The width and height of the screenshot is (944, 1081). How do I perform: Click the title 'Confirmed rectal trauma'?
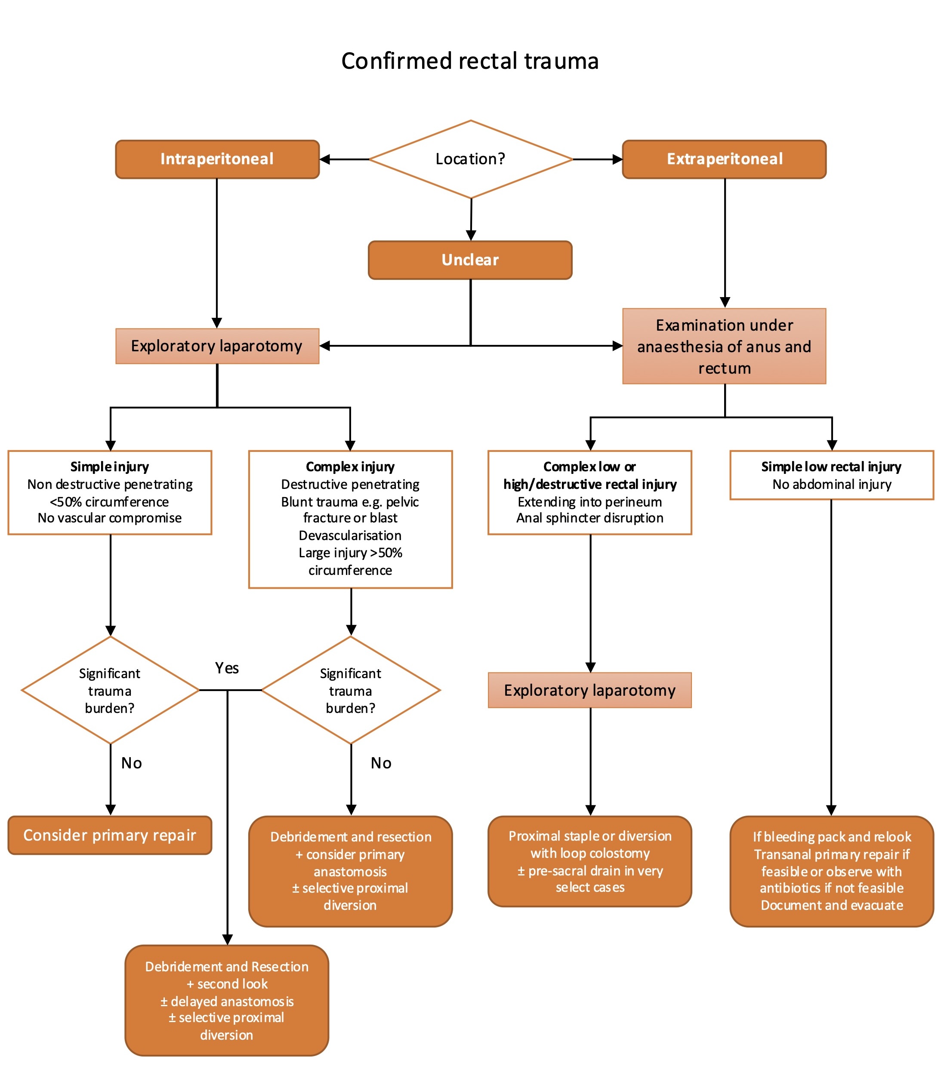tap(470, 61)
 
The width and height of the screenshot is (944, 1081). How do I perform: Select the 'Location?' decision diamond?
tap(470, 159)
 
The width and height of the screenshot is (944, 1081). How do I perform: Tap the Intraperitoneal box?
tap(217, 159)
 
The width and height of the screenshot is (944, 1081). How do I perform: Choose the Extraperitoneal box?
tap(724, 159)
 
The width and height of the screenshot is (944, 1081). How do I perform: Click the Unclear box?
tap(470, 260)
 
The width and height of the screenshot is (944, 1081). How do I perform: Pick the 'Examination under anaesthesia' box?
tap(724, 347)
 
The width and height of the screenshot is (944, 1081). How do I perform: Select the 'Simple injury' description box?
tap(110, 492)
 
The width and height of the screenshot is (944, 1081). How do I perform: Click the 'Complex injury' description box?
tap(350, 519)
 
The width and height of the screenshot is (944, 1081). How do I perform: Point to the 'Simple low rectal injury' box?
tap(831, 475)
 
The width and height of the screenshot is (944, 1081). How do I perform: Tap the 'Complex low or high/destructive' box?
tap(589, 492)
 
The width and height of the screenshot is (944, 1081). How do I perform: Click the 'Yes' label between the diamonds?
tap(227, 668)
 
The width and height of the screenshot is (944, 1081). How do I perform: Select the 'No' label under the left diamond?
tap(132, 763)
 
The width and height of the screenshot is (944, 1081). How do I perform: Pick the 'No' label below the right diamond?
tap(381, 763)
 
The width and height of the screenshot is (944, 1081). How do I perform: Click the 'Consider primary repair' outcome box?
tap(110, 835)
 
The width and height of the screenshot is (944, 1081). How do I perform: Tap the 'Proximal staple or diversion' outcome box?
tap(589, 861)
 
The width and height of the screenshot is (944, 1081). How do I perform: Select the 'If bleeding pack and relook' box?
tap(831, 871)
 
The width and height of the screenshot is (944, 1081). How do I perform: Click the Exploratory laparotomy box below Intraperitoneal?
tap(217, 346)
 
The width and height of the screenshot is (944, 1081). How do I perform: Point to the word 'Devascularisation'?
tap(350, 535)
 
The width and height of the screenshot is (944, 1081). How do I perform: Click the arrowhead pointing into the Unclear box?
tap(471, 235)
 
